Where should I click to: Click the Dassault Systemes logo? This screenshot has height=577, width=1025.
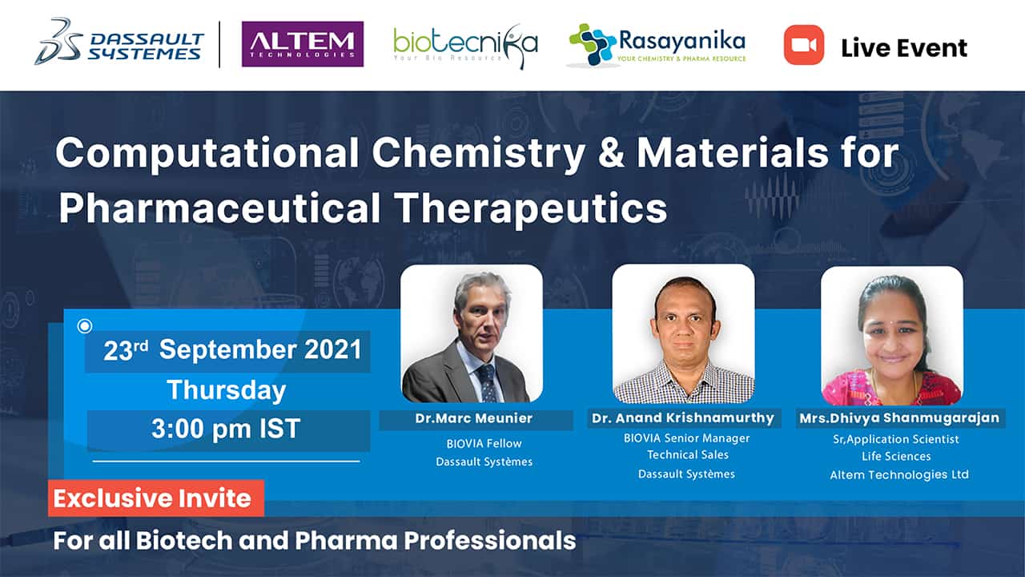point(119,42)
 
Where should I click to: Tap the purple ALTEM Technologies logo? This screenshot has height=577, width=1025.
point(303,44)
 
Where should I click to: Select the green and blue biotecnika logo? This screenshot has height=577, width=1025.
point(465,46)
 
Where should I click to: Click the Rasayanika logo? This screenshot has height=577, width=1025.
point(657,45)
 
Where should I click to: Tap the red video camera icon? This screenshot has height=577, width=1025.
point(803,45)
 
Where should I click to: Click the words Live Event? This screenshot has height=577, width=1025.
point(904,48)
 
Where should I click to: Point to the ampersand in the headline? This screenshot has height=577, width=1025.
point(611,153)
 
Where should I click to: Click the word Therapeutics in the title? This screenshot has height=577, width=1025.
point(531,209)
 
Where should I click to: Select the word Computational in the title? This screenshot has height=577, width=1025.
point(207,154)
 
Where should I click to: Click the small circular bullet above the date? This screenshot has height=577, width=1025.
point(85,326)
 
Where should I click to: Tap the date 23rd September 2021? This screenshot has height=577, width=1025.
point(232,350)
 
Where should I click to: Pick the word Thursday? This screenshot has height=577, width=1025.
point(227,390)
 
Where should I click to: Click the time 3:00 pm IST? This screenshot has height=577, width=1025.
point(226,429)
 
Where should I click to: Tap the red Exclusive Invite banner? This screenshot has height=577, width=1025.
point(156,498)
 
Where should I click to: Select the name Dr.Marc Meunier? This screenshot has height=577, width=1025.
point(473,418)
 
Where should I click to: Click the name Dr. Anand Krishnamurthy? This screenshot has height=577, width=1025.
point(683,418)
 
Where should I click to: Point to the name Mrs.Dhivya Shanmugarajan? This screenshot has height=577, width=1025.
point(899,418)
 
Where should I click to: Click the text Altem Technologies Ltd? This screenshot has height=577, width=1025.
point(899,475)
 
